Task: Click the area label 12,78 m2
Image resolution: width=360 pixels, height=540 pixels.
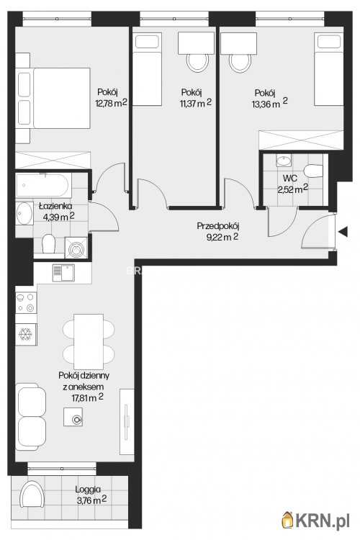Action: point(112,103)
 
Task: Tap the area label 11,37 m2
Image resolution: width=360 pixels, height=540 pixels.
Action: point(195,103)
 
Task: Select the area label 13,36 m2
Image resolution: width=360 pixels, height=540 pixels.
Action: point(270,103)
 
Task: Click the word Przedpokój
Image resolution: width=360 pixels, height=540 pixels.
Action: point(218,226)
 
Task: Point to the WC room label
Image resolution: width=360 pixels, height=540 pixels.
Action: point(290,179)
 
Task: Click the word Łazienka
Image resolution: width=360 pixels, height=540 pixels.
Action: point(55,206)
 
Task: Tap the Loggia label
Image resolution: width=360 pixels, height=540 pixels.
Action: point(88,489)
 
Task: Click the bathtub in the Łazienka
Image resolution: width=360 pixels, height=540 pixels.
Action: point(43,185)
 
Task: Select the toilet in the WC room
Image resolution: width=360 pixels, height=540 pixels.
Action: point(313,171)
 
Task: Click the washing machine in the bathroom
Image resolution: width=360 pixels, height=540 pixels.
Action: point(76,248)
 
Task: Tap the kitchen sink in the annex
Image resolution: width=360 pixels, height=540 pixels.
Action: point(63,273)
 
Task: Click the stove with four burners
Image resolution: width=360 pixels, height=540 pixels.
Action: point(26,302)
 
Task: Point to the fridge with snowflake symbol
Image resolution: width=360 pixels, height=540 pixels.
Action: point(26,334)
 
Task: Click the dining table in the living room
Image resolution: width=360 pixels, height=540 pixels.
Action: point(89,341)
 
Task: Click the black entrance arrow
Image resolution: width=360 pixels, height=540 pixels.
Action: point(343,232)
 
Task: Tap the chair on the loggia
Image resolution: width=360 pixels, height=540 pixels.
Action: point(32,494)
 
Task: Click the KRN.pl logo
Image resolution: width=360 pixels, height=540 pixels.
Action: point(315,520)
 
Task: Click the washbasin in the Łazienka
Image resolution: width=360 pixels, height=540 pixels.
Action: point(24,214)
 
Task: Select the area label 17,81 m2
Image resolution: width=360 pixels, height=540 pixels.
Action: point(88,397)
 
